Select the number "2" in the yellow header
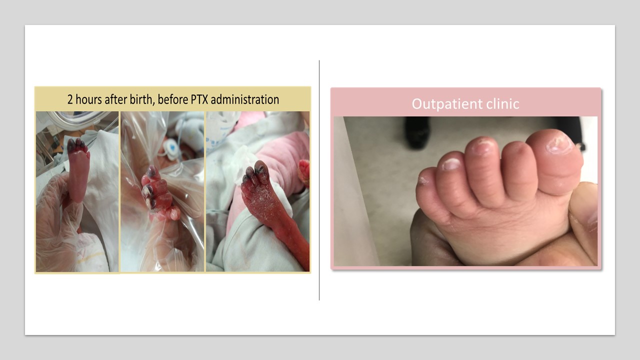click(70, 99)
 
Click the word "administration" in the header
click(245, 99)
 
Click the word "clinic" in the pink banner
click(503, 103)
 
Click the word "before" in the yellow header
click(173, 99)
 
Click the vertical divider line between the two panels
click(319, 180)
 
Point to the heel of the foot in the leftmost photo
click(77, 195)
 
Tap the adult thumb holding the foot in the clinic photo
click(583, 211)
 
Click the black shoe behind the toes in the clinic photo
click(417, 132)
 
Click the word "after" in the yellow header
click(117, 99)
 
